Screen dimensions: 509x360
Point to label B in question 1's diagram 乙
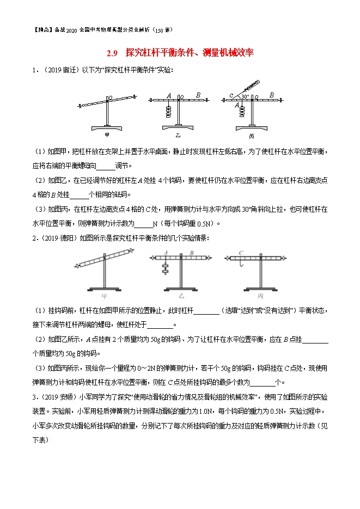(198, 95)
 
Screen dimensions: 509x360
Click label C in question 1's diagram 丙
(231, 96)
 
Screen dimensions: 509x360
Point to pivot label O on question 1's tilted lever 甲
(111, 98)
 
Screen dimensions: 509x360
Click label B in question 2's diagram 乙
(192, 253)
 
